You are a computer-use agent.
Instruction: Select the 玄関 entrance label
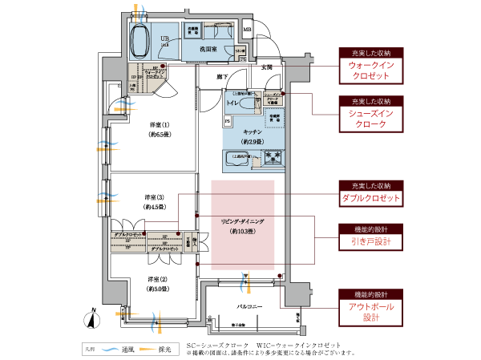[266, 67]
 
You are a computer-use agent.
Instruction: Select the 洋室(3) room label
[155, 198]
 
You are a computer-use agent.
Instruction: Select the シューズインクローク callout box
[369, 119]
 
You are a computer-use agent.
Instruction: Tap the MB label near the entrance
[247, 32]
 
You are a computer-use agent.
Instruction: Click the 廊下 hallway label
[220, 76]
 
